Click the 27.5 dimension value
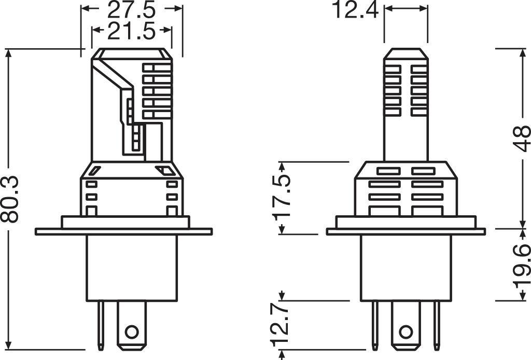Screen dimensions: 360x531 [x=132, y=10]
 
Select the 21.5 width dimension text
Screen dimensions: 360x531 [x=132, y=32]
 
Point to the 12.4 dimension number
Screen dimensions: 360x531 [x=355, y=10]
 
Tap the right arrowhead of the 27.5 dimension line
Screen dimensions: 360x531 [x=179, y=9]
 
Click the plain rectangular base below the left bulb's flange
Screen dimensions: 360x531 [x=132, y=267]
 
